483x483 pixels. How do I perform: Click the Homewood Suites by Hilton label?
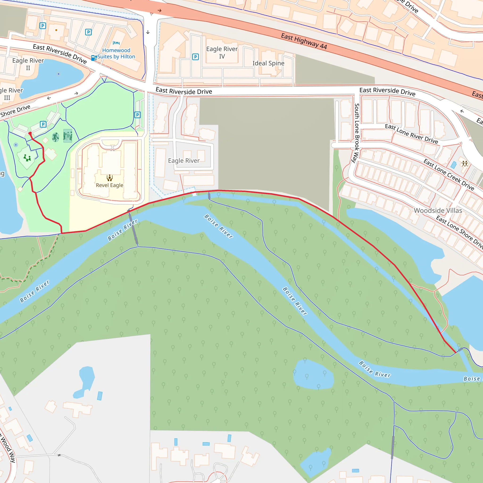116,54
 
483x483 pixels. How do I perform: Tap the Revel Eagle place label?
109,185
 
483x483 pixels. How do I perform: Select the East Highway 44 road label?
304,41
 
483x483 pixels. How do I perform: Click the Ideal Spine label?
268,63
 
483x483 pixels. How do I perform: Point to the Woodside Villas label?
438,211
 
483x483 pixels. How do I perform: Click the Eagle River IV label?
222,53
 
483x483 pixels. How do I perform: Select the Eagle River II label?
28,64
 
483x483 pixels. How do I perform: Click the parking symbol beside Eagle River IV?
196,57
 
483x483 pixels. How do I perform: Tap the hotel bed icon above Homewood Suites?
116,43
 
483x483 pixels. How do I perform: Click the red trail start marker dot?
30,133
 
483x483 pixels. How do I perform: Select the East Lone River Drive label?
411,134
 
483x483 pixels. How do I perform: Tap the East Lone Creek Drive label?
449,175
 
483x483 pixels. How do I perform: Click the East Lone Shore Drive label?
459,232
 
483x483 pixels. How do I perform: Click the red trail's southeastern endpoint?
455,353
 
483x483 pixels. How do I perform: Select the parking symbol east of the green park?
137,115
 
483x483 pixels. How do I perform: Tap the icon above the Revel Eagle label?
109,178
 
